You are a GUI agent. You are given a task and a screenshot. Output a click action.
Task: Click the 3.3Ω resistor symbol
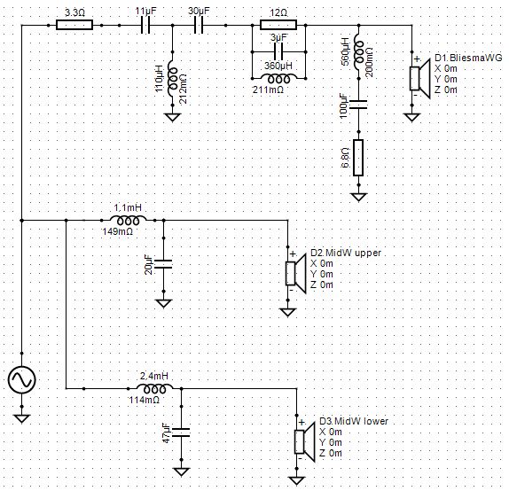(x=74, y=25)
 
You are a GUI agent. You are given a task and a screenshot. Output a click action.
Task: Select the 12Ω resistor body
(x=278, y=25)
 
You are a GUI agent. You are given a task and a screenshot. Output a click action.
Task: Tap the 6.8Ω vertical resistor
(x=358, y=158)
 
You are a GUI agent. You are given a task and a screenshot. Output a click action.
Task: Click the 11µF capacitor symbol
(x=145, y=25)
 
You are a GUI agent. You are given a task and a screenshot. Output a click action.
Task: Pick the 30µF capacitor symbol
(x=199, y=25)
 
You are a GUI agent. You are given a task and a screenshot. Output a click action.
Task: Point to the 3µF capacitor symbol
(x=278, y=51)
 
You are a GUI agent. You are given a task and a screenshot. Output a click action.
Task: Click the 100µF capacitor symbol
(x=358, y=105)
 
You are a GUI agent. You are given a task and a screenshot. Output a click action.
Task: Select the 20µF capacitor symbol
(x=163, y=264)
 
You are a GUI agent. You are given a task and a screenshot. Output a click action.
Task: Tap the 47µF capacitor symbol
(x=181, y=433)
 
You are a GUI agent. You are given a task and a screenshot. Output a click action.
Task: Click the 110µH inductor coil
(x=173, y=79)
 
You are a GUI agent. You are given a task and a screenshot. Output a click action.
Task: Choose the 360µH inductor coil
(x=278, y=79)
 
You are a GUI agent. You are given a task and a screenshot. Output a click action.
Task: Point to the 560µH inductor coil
(x=359, y=52)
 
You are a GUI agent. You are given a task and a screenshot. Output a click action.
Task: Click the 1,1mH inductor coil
(x=128, y=220)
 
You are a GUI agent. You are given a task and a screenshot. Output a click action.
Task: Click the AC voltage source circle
(x=22, y=379)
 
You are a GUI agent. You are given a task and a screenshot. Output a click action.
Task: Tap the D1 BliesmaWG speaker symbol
(x=419, y=78)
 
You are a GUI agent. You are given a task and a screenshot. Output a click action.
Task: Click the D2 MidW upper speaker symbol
(x=295, y=273)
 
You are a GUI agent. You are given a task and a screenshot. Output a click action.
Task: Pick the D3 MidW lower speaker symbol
(x=304, y=441)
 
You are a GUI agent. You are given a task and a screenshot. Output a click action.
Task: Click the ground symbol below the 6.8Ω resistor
(x=358, y=197)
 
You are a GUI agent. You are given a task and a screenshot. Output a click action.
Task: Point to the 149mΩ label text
(x=118, y=231)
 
